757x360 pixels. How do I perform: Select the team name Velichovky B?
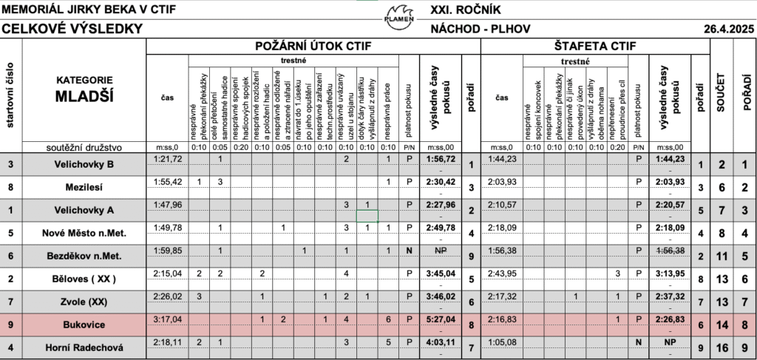pos(84,163)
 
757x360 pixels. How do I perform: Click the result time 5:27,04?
pos(441,320)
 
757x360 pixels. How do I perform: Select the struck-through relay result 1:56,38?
pos(671,251)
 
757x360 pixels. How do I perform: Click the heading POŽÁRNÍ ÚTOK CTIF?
pos(313,47)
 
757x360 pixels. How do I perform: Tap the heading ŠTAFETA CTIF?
pos(594,47)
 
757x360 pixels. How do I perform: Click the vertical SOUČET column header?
pos(721,92)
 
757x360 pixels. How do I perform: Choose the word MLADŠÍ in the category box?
pos(84,95)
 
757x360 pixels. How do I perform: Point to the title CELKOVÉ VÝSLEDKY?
pos(72,30)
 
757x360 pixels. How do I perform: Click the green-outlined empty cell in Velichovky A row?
pos(367,215)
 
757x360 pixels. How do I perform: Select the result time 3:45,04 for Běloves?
pos(441,274)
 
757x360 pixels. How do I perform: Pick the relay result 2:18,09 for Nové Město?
pos(671,228)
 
